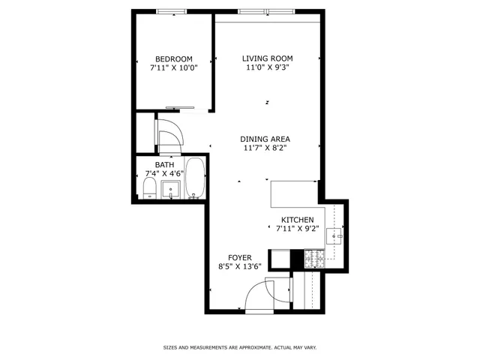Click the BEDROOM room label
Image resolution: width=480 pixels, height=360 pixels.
[x=173, y=59]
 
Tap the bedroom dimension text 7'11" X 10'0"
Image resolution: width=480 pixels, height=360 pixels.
[x=173, y=68]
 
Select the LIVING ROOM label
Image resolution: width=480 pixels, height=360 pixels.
[x=267, y=58]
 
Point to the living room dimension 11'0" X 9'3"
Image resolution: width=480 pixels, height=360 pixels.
[x=267, y=67]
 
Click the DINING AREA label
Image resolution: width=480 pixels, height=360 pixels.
[x=265, y=139]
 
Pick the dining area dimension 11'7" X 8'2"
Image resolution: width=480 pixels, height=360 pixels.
[x=265, y=148]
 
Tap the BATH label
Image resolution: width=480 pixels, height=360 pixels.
[x=164, y=165]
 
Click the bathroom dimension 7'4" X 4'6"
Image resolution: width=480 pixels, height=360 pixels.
[x=164, y=174]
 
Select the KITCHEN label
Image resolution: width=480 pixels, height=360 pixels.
[x=297, y=220]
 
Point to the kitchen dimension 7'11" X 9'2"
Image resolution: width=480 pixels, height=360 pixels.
[x=297, y=229]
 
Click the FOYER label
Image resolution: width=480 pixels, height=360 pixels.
[x=240, y=257]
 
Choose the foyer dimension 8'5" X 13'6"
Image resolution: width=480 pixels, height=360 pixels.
[x=240, y=266]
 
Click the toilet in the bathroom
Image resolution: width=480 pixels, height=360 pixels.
[x=148, y=188]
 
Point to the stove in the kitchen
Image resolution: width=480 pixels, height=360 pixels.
[x=313, y=259]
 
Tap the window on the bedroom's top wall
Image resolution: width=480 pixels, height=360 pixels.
[x=172, y=11]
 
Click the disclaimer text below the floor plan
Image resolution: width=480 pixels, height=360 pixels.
[x=239, y=347]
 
